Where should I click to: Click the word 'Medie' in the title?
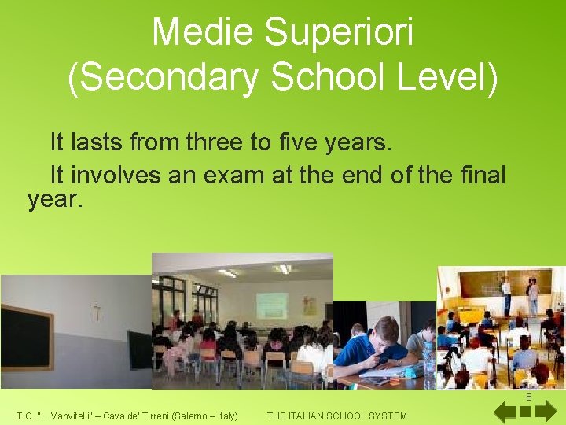coord(202,33)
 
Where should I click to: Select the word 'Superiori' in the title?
coord(340,33)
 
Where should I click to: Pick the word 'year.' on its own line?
coord(54,200)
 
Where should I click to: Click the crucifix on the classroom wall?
coord(96,311)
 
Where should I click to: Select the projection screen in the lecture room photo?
coord(271,305)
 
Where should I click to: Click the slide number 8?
coord(529,397)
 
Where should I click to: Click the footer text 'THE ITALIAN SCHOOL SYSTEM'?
coord(337,416)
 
